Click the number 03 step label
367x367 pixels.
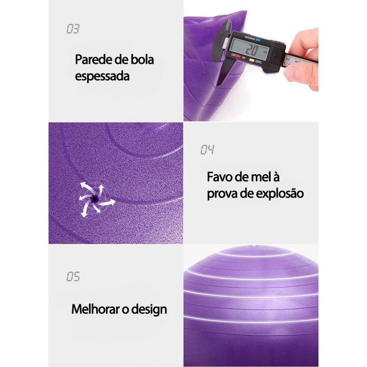pyautogui.click(x=73, y=29)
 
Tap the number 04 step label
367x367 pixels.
pyautogui.click(x=207, y=150)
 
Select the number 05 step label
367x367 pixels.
pyautogui.click(x=73, y=277)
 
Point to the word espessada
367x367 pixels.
pyautogui.click(x=102, y=76)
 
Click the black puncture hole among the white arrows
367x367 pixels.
pyautogui.click(x=95, y=199)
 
